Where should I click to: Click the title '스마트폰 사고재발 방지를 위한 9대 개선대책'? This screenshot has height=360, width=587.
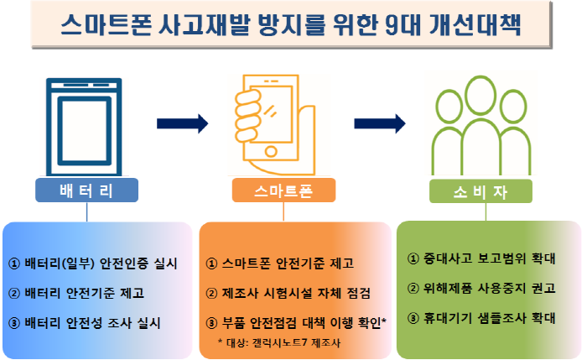pyautogui.click(x=290, y=25)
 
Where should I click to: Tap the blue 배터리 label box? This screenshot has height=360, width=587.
pyautogui.click(x=87, y=190)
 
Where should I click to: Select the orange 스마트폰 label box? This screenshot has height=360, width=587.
pyautogui.click(x=283, y=190)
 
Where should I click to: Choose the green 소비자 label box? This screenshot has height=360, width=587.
pyautogui.click(x=481, y=191)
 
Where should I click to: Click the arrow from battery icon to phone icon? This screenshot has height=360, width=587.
pyautogui.click(x=182, y=123)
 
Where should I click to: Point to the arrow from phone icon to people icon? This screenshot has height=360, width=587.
pyautogui.click(x=380, y=123)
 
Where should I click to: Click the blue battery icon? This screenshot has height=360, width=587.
pyautogui.click(x=84, y=127)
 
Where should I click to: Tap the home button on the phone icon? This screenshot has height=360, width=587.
pyautogui.click(x=271, y=151)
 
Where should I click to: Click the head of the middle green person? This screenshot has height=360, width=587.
pyautogui.click(x=481, y=95)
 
